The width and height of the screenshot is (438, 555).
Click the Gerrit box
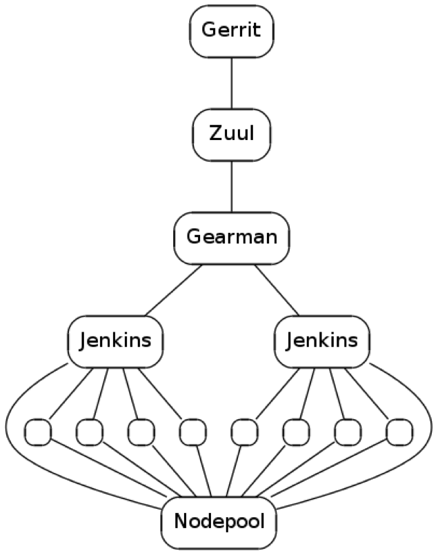[232, 31]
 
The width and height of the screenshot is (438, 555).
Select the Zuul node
[232, 133]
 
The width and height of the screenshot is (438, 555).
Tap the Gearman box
[232, 238]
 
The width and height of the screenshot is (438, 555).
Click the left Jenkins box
[116, 341]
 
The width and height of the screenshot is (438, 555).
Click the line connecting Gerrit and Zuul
[232, 83]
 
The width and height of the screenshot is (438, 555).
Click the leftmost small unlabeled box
[38, 432]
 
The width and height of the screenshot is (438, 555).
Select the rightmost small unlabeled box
[399, 432]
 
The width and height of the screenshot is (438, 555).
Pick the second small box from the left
[90, 432]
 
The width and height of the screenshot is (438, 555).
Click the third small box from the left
[141, 432]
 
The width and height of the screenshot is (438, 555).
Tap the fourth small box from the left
[192, 432]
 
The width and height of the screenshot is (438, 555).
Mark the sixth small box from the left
[295, 432]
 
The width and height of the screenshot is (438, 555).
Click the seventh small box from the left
[347, 432]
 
